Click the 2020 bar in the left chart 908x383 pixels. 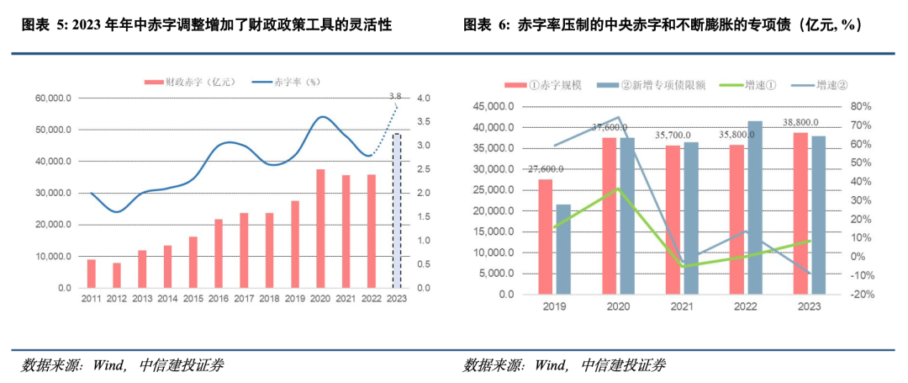click(x=320, y=228)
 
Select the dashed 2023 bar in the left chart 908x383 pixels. click(x=397, y=210)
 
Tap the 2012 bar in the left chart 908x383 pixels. click(x=116, y=275)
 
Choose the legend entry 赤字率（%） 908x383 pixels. click(x=286, y=82)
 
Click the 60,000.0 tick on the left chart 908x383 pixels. click(x=54, y=98)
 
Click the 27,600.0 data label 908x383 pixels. click(x=545, y=169)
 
